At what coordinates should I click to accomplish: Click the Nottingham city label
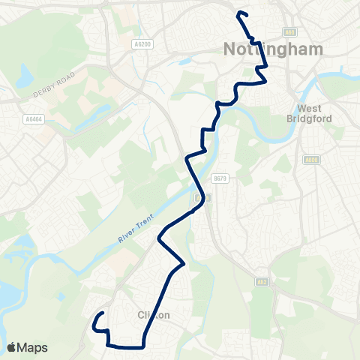tap(274, 49)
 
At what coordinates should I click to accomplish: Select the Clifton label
tap(154, 316)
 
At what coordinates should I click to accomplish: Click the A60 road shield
tap(290, 32)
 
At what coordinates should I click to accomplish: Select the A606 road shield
tap(312, 160)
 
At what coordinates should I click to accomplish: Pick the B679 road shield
tap(219, 178)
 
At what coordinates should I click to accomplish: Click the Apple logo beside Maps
tap(12, 347)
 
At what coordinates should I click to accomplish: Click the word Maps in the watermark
tap(32, 347)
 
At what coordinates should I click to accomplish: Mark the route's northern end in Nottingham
tap(238, 13)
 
